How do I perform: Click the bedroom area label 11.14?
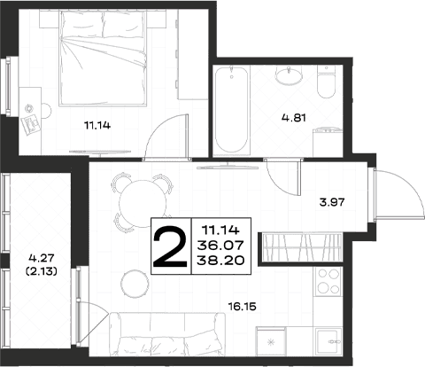click(x=97, y=126)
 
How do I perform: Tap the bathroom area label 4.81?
click(x=294, y=118)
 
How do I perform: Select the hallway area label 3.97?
click(x=332, y=202)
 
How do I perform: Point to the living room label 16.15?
click(x=242, y=307)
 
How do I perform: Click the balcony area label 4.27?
click(x=42, y=258)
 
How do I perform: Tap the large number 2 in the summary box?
click(x=170, y=246)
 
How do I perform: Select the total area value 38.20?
click(x=220, y=261)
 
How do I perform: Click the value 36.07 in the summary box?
click(x=220, y=245)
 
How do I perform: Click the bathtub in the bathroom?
click(x=231, y=110)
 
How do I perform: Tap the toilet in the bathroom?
click(x=326, y=82)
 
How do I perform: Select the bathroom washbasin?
click(x=289, y=75)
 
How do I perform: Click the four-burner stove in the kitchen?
click(x=328, y=281)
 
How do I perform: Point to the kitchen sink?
click(x=328, y=341)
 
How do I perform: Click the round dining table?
click(x=143, y=203)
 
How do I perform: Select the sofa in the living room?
click(x=167, y=334)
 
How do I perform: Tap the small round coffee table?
click(x=135, y=284)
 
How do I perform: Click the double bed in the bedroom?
click(x=103, y=58)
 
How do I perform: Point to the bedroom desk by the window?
click(x=30, y=111)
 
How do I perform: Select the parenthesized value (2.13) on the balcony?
click(x=42, y=271)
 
